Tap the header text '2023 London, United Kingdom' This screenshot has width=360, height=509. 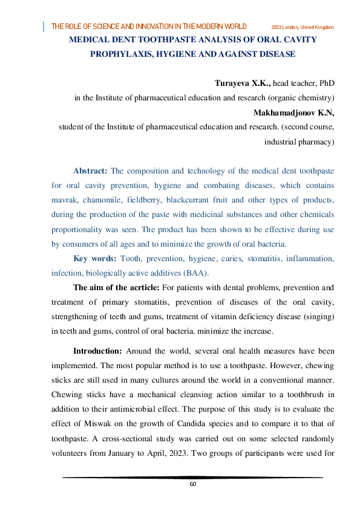coord(303,27)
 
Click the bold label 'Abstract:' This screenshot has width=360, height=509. coord(90,170)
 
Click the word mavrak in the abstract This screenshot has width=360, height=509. coord(65,199)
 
